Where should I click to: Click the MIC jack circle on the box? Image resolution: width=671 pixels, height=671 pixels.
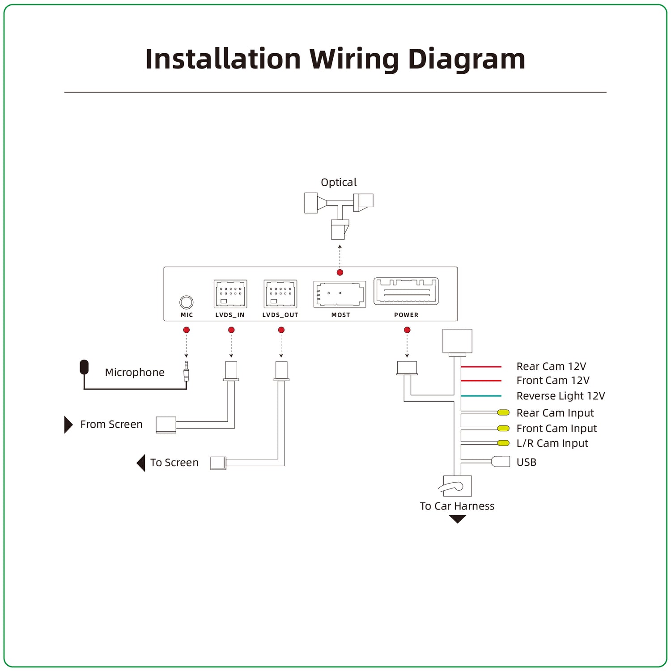[x=187, y=302]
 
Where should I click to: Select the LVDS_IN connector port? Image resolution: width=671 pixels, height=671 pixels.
[x=230, y=294]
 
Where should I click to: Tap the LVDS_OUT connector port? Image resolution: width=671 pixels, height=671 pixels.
[x=280, y=294]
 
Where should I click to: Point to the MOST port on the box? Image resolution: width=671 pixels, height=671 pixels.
[x=340, y=294]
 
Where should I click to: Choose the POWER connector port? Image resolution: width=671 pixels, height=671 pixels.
[x=406, y=291]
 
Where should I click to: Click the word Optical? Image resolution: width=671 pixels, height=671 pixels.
[x=339, y=183]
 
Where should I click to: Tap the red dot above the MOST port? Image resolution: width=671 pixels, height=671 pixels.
[x=340, y=272]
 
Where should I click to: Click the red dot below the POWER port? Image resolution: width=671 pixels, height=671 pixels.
[x=407, y=330]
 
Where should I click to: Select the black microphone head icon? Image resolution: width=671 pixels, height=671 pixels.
[x=84, y=367]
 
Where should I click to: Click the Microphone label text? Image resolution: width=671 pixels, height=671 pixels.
[x=135, y=373]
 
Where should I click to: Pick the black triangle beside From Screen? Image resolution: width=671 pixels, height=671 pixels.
[x=68, y=425]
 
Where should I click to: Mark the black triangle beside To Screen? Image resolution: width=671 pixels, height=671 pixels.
[x=141, y=463]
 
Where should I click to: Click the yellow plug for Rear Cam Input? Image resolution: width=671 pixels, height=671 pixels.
[x=504, y=412]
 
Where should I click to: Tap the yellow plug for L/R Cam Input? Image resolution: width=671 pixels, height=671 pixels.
[x=504, y=443]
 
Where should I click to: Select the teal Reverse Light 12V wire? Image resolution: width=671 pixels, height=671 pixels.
[x=481, y=396]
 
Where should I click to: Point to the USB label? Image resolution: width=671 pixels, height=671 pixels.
[x=527, y=463]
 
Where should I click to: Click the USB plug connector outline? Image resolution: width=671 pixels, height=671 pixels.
[x=501, y=461]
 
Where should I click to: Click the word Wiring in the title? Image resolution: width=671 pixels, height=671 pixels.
[x=354, y=59]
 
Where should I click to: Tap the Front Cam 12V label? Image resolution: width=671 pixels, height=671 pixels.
[x=553, y=381]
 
